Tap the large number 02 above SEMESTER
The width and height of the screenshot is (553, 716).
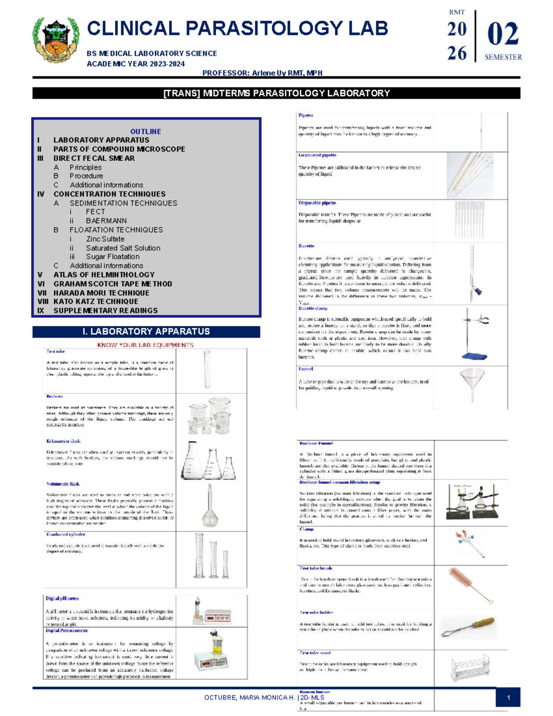503,35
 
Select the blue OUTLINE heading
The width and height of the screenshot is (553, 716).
146,131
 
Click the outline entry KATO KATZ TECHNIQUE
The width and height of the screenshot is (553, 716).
96,302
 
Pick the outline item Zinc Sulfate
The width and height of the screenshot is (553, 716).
105,239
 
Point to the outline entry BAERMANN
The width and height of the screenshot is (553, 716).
106,221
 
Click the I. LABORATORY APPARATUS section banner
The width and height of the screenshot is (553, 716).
146,331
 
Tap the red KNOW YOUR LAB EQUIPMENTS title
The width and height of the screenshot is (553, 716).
145,345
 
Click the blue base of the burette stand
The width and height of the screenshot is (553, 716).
474,356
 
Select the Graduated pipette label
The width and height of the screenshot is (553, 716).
317,155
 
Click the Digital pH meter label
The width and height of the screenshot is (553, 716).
62,598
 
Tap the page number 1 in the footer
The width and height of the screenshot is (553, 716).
508,698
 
